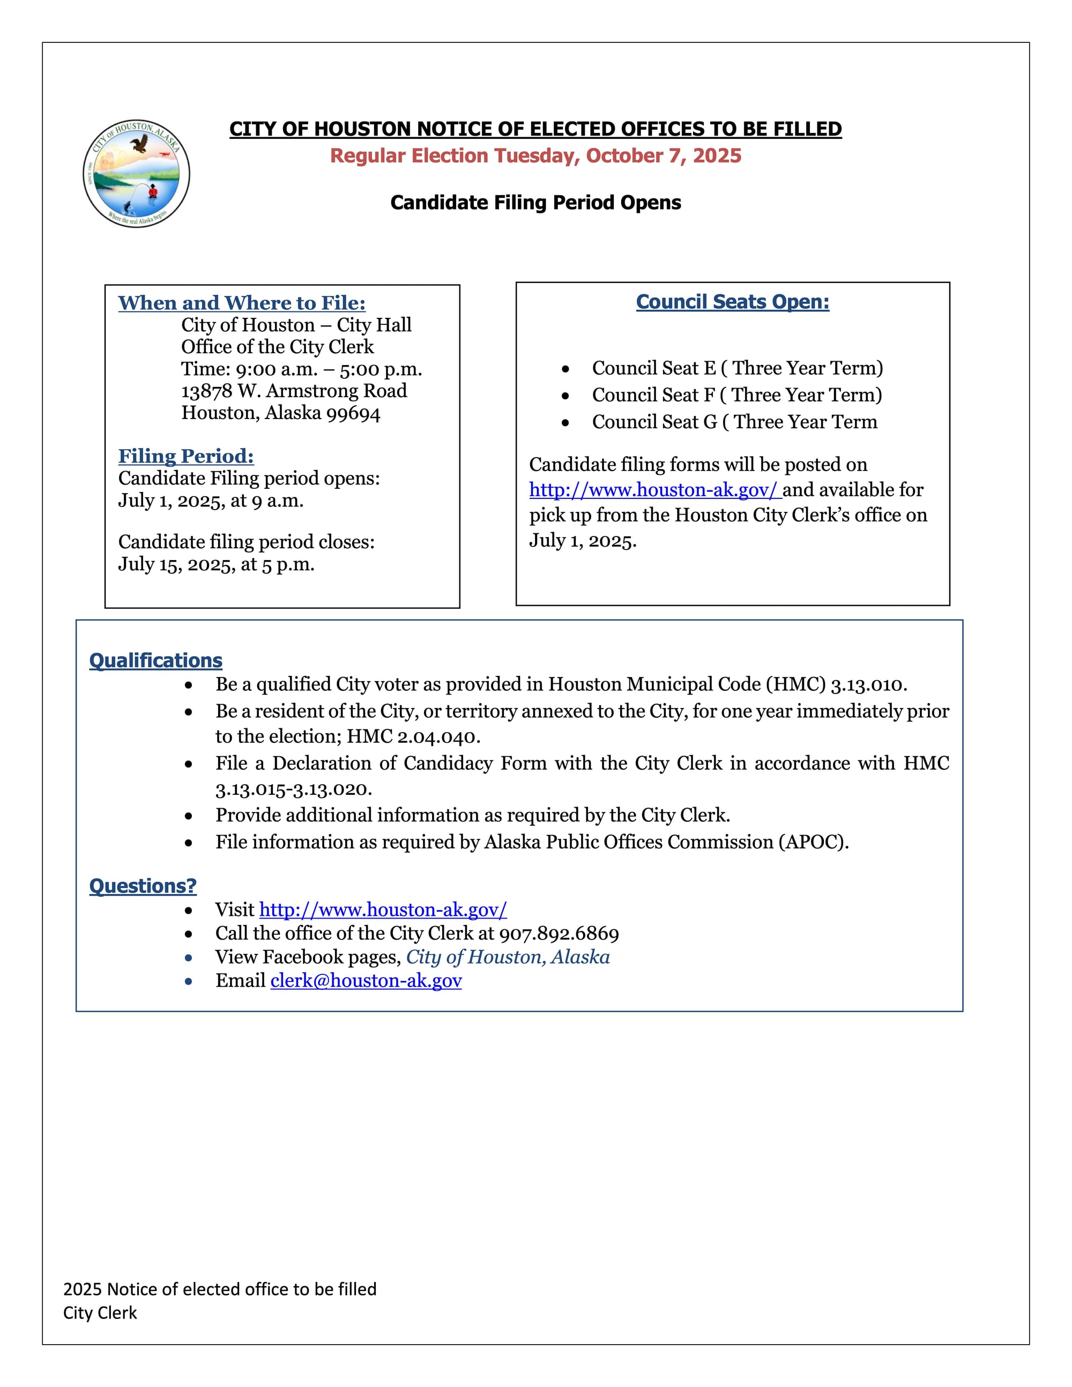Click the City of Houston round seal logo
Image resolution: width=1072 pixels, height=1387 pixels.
tap(136, 174)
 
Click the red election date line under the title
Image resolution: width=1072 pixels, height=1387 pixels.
tap(535, 155)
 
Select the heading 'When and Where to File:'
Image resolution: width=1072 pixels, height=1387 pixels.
tap(241, 303)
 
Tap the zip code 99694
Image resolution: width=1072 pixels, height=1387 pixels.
tap(353, 413)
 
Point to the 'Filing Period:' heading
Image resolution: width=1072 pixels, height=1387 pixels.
tap(186, 456)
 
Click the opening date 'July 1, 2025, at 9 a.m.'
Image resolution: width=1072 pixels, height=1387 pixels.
tap(211, 501)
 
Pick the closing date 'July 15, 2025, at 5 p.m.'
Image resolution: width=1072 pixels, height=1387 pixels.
tap(216, 564)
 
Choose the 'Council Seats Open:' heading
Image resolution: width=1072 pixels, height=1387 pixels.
tap(732, 302)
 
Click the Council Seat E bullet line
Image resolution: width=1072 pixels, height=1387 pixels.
tap(736, 368)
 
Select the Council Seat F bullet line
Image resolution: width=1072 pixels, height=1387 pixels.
tap(736, 395)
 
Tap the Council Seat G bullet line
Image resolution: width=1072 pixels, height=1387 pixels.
tap(734, 422)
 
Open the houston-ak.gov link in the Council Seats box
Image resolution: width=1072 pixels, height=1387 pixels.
tap(653, 490)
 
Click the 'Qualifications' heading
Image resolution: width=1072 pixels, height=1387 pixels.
tap(155, 660)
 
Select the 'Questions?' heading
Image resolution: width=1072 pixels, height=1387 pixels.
tap(143, 886)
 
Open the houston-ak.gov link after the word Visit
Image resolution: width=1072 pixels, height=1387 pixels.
tap(383, 910)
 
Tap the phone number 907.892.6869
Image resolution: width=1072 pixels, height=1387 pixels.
tap(559, 934)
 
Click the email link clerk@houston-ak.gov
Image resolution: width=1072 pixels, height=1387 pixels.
tap(366, 981)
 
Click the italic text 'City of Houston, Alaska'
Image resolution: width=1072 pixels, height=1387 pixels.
tap(508, 957)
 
